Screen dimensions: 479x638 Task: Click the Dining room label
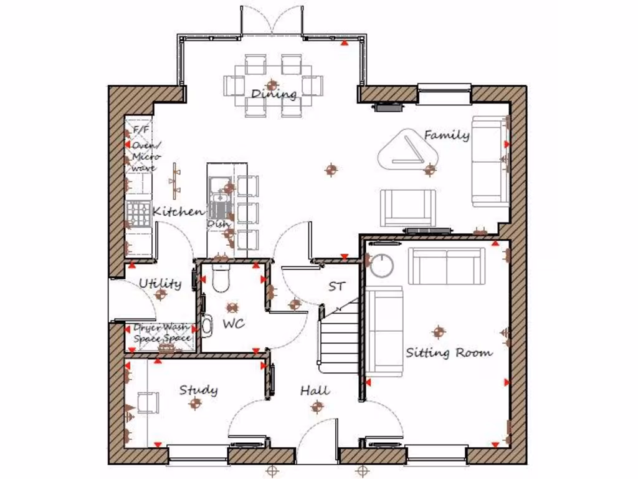click(x=274, y=95)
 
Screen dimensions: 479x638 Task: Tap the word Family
click(x=447, y=135)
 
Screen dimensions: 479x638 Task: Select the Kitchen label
click(x=178, y=212)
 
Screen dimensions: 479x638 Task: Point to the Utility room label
click(x=160, y=284)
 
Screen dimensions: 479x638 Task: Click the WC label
click(x=234, y=324)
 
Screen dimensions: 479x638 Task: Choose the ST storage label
click(x=336, y=287)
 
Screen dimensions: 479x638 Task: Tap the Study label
click(x=199, y=390)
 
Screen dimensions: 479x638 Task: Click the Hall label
click(x=315, y=391)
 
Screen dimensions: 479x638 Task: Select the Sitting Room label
click(x=449, y=353)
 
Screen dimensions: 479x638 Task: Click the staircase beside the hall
click(x=340, y=337)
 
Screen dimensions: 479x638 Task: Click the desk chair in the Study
click(x=148, y=402)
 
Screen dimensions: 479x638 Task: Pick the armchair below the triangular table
click(x=408, y=208)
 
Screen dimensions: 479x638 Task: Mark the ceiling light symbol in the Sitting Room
click(x=439, y=331)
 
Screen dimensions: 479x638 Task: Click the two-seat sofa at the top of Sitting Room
click(x=447, y=266)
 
